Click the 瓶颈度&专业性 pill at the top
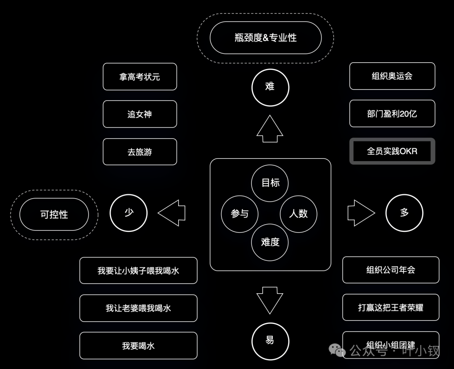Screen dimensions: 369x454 (266, 38)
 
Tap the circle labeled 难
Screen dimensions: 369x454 (270, 87)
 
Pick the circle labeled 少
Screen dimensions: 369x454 (129, 213)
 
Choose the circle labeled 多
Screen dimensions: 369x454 (404, 213)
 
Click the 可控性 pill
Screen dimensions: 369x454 (54, 214)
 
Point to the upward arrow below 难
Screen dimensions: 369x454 (270, 129)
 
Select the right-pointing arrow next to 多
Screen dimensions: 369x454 (361, 213)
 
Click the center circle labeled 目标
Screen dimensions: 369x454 (270, 183)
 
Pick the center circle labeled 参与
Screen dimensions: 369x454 (240, 214)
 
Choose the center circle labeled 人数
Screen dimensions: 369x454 (298, 214)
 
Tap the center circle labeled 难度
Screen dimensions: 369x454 (270, 242)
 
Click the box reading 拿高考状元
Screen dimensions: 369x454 (140, 77)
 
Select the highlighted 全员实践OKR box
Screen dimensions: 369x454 (392, 151)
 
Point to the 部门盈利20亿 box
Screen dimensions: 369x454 (392, 114)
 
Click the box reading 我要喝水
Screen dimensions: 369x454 (138, 346)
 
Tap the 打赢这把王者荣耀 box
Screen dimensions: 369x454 (391, 308)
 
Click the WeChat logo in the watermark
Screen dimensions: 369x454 (337, 350)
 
